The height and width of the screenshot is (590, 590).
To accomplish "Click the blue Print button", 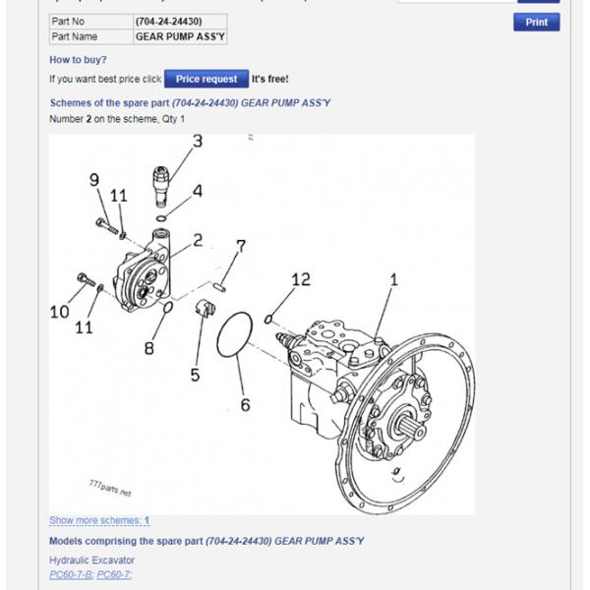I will [x=536, y=22].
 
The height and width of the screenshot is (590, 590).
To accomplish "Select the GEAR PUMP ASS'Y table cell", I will [x=179, y=36].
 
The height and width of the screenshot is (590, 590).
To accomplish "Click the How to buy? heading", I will [x=78, y=59].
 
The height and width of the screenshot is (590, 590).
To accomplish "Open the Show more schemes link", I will [x=99, y=520].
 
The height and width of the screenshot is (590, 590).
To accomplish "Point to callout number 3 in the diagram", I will [x=197, y=142].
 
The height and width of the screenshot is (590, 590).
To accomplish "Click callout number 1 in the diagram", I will [x=393, y=280].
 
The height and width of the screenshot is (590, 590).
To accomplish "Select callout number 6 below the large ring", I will [x=245, y=404].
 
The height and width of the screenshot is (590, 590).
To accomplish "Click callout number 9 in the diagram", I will [x=94, y=179].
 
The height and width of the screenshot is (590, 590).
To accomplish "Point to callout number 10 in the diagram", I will [x=60, y=312].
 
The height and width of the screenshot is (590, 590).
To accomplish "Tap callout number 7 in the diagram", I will [x=240, y=246].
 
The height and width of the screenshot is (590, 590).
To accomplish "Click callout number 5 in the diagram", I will [x=195, y=374].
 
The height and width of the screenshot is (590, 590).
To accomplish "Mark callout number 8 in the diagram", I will [x=149, y=347].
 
